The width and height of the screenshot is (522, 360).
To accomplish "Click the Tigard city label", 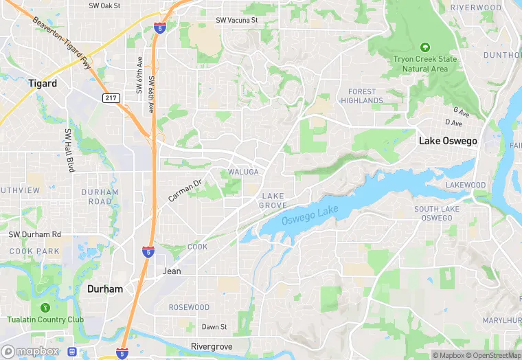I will point(43,83).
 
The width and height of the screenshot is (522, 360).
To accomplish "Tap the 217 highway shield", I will point(111,98).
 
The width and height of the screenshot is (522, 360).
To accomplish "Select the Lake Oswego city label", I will point(447,141).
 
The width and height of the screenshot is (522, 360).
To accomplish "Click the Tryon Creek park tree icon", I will point(425,47).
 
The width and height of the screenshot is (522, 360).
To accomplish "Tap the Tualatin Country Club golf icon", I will point(45,307).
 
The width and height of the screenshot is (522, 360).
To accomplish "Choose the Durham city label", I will point(105,289).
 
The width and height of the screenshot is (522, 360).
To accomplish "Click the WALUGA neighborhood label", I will point(243,172).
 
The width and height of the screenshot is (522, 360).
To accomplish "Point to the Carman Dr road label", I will point(185,190).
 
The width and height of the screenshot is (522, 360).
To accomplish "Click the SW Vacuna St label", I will point(237,21).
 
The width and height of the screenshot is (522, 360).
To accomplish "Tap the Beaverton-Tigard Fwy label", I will point(63,44).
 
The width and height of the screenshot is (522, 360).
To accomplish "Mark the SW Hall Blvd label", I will point(69,150).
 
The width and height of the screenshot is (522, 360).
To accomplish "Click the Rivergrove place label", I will point(212,346).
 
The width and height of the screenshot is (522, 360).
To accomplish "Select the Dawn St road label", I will point(214,326).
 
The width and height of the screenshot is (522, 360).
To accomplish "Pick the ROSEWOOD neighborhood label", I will point(189,307).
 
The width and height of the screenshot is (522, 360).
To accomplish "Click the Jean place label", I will point(172,271).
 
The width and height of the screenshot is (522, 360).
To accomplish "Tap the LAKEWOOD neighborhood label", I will point(466,185).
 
